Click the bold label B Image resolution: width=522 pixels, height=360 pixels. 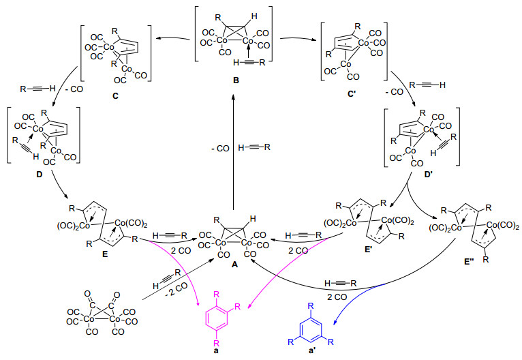tap(236, 80)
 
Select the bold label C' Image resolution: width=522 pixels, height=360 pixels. tap(352, 95)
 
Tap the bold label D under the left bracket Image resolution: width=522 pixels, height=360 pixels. tap(40, 174)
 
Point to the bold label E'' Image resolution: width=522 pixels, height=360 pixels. tap(469, 261)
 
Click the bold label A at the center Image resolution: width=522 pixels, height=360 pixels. tap(234, 265)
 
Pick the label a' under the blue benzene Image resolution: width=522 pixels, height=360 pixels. tap(312, 352)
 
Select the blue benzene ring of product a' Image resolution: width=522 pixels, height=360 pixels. tap(311, 329)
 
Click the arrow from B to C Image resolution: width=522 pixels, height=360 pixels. tap(173, 39)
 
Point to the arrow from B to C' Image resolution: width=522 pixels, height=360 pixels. tap(298, 39)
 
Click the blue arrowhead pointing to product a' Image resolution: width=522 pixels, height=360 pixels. tap(335, 322)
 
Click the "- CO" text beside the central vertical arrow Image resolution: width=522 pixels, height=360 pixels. tap(220, 149)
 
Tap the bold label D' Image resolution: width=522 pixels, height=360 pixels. tap(429, 173)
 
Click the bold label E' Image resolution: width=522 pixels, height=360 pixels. tap(368, 250)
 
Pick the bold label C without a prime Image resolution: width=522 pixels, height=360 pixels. tap(115, 96)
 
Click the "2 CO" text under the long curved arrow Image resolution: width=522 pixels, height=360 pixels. tap(337, 297)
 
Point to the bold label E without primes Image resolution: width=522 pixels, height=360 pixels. tap(105, 254)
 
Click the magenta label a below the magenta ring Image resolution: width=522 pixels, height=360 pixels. tap(217, 350)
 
